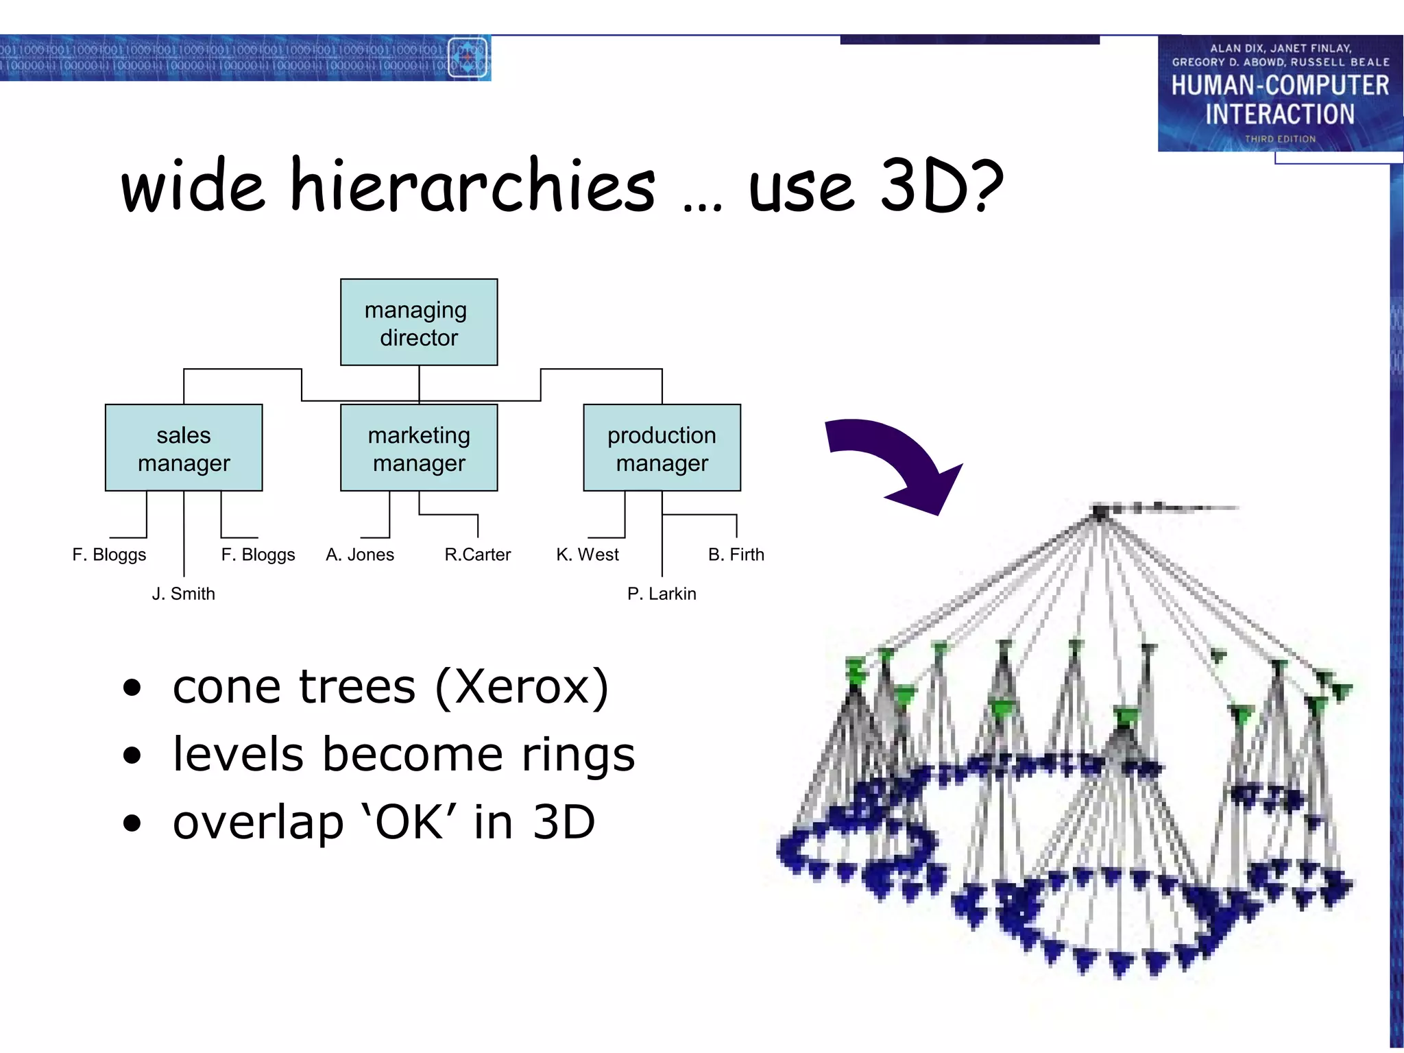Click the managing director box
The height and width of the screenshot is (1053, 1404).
419,322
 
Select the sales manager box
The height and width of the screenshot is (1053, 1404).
184,448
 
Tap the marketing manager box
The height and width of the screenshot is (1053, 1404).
419,448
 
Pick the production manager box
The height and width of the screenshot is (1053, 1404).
662,448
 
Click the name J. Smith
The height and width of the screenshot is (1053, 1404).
183,594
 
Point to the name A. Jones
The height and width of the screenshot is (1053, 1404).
360,555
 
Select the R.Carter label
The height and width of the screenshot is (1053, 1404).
477,555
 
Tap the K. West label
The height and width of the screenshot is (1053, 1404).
588,555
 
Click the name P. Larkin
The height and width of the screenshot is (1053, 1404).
662,594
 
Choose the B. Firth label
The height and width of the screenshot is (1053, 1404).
736,555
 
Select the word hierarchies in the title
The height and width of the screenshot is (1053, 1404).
473,185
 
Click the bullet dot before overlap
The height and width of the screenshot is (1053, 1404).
132,823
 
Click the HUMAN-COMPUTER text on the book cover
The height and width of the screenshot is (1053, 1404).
1279,86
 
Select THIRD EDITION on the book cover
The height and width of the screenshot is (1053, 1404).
1280,139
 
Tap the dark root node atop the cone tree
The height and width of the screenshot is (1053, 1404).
1100,511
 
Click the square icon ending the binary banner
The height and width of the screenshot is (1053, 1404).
468,58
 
